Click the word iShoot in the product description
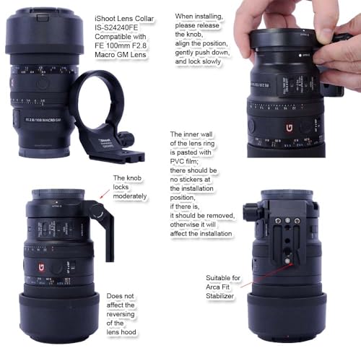(x=106, y=19)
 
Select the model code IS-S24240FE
(x=116, y=27)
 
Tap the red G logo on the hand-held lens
(x=289, y=128)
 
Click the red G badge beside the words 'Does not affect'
(x=42, y=268)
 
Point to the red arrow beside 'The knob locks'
(x=105, y=194)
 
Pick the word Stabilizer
(x=219, y=296)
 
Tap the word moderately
(x=130, y=196)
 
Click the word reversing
(x=121, y=314)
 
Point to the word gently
(x=184, y=53)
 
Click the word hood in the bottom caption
(x=130, y=332)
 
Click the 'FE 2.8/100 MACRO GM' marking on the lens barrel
(x=43, y=120)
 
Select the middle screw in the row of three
(x=287, y=220)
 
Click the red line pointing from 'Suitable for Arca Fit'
(x=266, y=275)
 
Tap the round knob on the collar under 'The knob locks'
(x=97, y=211)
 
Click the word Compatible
(x=121, y=37)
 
